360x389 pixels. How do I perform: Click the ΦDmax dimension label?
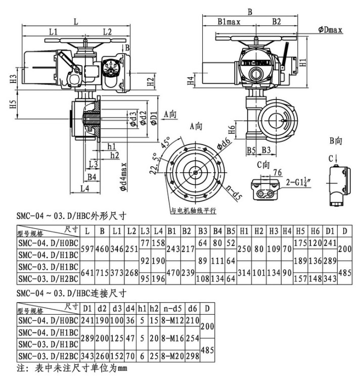coord(331,30)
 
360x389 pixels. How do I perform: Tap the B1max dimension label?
coord(229,22)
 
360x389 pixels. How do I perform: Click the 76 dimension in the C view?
coord(277,172)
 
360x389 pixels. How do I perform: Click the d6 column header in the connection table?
coord(193,307)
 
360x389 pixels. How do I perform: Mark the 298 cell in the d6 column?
coord(193,356)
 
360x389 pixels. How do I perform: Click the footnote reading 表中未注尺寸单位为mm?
coord(71,368)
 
